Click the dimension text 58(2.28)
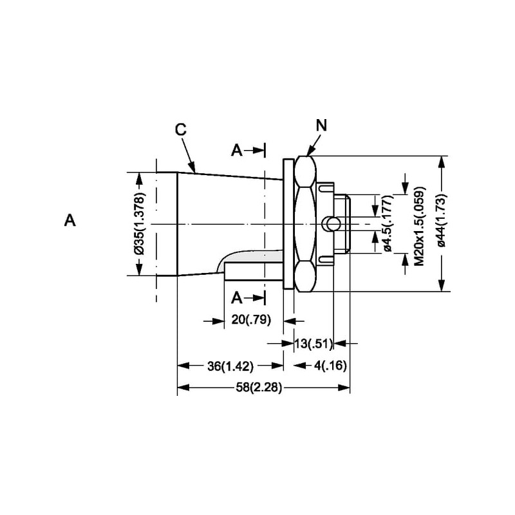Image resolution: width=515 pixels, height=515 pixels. [257, 388]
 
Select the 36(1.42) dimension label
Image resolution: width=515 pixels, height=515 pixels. [230, 366]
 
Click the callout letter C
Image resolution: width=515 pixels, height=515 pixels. [181, 129]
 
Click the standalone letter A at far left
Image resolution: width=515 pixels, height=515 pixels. [70, 221]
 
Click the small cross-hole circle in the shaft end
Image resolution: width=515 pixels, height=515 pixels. [332, 223]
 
